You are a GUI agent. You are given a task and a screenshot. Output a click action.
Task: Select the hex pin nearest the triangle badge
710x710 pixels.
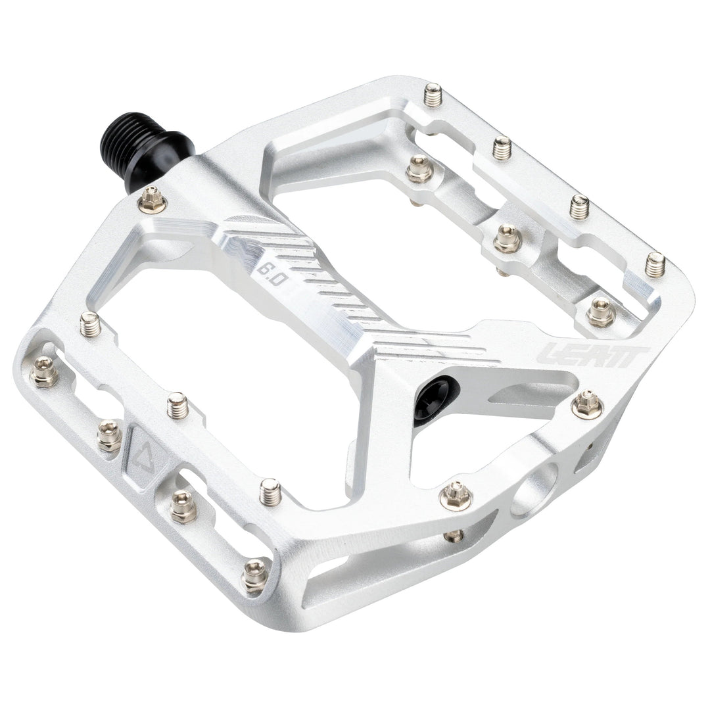(109, 435)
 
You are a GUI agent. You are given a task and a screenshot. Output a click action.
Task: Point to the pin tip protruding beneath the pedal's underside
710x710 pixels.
(453, 536)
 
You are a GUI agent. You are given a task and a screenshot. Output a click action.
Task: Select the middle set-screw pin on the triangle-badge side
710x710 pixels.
(177, 405)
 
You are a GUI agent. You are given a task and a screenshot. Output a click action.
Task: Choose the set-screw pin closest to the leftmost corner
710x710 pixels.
(90, 323)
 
